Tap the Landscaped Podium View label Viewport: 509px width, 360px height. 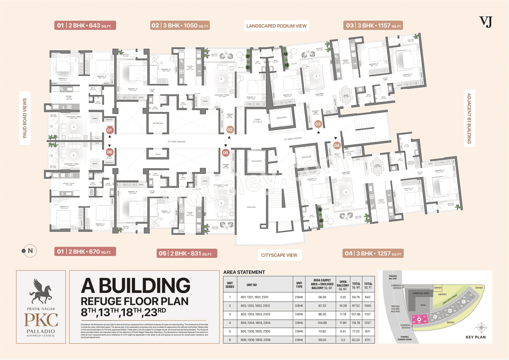coord(276,26)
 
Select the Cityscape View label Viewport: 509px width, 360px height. coord(279,255)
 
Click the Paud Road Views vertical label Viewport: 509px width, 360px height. coord(25,118)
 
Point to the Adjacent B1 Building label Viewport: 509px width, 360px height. coord(469,119)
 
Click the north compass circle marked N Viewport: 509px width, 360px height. coord(27,251)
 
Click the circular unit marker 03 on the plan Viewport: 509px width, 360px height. coord(318,124)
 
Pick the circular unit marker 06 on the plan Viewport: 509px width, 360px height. coord(110,152)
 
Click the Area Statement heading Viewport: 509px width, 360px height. coord(244,272)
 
